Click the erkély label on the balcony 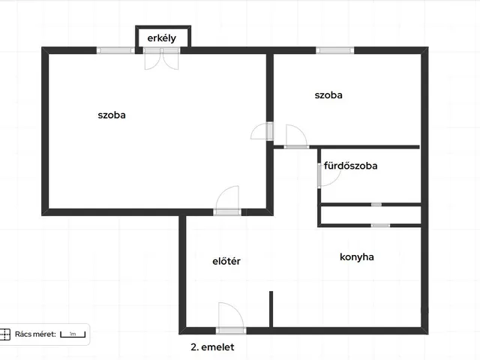tap(162, 38)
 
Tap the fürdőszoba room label tap(350, 166)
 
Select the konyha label tap(357, 256)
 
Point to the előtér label tap(226, 261)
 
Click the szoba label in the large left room tap(112, 115)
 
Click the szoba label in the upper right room tap(328, 95)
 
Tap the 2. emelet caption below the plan tap(212, 346)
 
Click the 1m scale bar tap(73, 334)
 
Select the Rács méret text tap(35, 334)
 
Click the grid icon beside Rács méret tap(5, 334)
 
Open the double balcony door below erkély tap(162, 58)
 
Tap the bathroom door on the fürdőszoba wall tap(328, 175)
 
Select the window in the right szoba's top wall tap(335, 50)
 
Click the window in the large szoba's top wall tap(115, 50)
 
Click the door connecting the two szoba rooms tap(262, 131)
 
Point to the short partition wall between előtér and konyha tap(271, 309)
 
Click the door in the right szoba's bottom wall tap(296, 136)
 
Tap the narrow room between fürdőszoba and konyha tap(370, 215)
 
